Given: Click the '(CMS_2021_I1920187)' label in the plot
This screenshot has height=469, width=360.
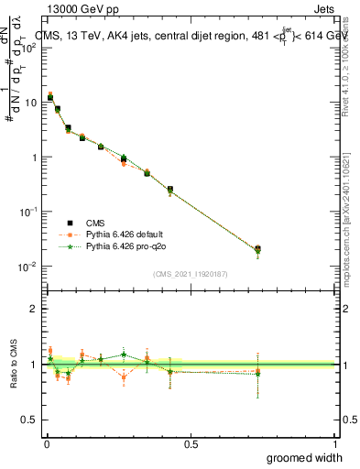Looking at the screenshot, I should click(x=190, y=273).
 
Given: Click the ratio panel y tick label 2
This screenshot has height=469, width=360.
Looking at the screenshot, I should click(x=33, y=309).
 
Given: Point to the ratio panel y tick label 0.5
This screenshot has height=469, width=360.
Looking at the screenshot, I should click(x=29, y=420).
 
